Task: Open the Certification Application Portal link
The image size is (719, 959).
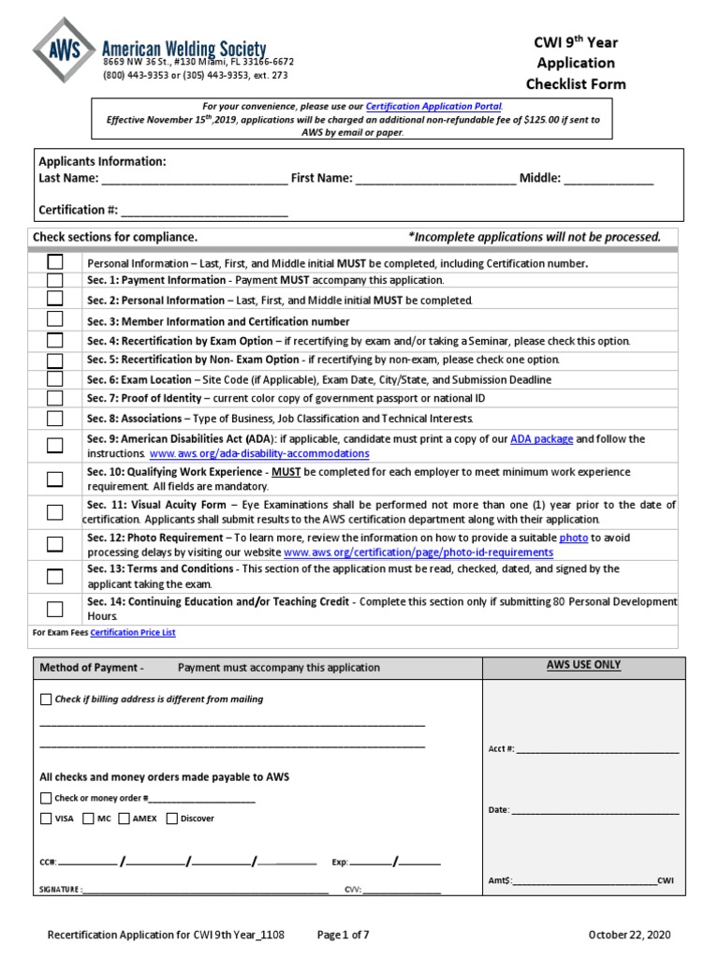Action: pyautogui.click(x=433, y=107)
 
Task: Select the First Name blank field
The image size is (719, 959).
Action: pyautogui.click(x=435, y=179)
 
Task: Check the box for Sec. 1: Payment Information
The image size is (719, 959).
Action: pyautogui.click(x=55, y=280)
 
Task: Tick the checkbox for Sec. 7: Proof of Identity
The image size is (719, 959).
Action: pyautogui.click(x=55, y=399)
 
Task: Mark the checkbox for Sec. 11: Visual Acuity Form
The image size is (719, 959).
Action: pyautogui.click(x=55, y=512)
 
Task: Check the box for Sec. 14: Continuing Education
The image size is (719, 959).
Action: pyautogui.click(x=55, y=609)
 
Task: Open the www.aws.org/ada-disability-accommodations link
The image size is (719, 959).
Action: pyautogui.click(x=259, y=453)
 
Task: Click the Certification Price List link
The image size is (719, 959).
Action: pyautogui.click(x=133, y=633)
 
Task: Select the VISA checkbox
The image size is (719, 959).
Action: pyautogui.click(x=46, y=819)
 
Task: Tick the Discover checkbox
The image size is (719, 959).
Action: pyautogui.click(x=171, y=819)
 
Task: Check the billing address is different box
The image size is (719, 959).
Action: pyautogui.click(x=46, y=700)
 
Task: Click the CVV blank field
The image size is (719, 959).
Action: pyautogui.click(x=402, y=890)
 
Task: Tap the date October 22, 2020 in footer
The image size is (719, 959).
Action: pyautogui.click(x=629, y=936)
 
